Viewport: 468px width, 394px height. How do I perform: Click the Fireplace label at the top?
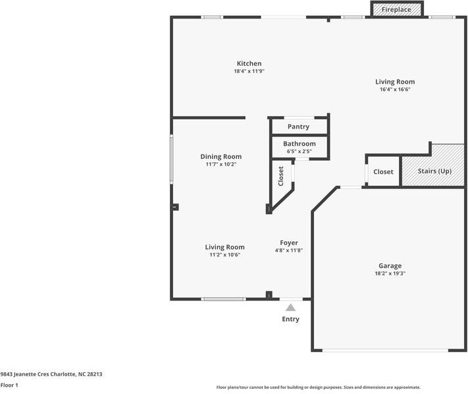click(396, 10)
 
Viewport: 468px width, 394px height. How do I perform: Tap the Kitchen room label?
click(249, 63)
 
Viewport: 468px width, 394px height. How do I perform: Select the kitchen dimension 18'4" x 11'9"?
click(249, 71)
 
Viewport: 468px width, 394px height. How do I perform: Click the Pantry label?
click(298, 127)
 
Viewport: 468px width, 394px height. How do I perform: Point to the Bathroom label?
click(299, 144)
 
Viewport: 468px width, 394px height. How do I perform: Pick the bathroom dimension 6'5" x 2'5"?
click(299, 152)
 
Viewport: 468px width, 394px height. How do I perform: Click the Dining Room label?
click(221, 157)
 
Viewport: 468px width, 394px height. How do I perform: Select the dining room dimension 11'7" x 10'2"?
click(221, 165)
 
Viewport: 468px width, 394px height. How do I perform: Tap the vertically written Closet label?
click(281, 177)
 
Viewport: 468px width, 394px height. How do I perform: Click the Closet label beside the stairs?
click(383, 172)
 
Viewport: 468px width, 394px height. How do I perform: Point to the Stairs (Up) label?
click(434, 171)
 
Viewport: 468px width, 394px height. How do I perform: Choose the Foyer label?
click(289, 242)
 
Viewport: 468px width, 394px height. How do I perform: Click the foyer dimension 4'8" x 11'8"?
click(289, 250)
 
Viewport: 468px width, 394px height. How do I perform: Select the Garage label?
click(390, 266)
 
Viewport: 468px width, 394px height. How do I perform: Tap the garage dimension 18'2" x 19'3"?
click(390, 274)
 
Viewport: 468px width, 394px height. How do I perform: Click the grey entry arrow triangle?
click(290, 307)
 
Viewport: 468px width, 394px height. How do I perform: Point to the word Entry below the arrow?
click(290, 320)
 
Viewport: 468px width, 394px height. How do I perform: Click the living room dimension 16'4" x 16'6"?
click(395, 90)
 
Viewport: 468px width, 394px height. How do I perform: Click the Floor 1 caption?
click(9, 385)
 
